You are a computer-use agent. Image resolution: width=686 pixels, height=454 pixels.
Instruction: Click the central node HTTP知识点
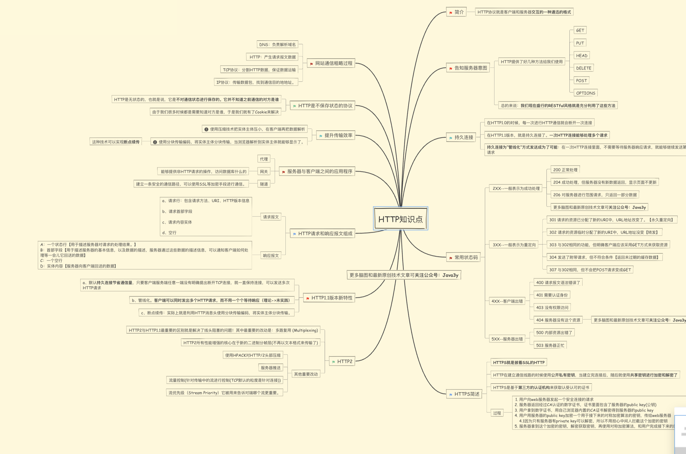401,219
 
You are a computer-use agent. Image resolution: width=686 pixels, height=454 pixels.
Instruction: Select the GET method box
580,30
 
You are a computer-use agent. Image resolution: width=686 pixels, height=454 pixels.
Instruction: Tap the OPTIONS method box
585,93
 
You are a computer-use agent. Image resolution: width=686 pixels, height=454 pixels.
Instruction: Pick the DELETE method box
583,68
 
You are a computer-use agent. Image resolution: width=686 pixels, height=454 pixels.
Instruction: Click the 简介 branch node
457,12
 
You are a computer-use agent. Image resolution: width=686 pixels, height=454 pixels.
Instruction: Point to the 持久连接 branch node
461,137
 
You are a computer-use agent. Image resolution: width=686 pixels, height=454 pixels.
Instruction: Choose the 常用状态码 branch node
464,257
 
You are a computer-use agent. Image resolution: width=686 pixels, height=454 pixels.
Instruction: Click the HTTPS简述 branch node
464,394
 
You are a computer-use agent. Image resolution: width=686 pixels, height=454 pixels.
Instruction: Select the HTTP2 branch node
342,361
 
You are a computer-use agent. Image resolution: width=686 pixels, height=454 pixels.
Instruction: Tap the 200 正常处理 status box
565,170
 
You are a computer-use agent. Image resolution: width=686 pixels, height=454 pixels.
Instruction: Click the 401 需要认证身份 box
552,295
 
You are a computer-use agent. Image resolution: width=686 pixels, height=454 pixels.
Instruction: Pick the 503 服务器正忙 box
550,345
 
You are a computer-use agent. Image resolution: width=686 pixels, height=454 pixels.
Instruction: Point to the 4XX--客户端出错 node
507,301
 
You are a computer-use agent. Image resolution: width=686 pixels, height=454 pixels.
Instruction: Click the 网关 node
264,171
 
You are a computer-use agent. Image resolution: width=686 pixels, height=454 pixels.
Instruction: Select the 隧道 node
264,184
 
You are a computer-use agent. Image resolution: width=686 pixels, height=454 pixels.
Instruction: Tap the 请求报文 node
271,217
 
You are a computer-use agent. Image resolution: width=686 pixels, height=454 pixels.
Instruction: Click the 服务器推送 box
271,368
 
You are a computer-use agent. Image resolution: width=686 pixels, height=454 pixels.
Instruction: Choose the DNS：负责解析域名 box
277,44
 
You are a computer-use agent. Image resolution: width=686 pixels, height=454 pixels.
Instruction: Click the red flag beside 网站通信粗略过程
311,64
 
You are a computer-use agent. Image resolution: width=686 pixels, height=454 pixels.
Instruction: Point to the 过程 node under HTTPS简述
497,413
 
